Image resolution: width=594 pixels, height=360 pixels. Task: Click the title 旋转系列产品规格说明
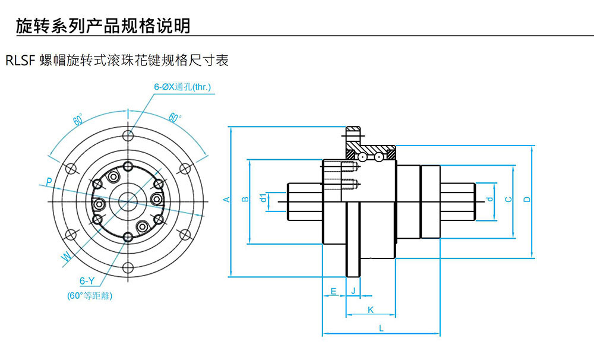click(103, 26)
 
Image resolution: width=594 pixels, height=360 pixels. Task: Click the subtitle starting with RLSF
click(116, 61)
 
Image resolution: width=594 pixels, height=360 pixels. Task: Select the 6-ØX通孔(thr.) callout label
click(182, 87)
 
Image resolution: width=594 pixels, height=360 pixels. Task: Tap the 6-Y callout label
click(87, 281)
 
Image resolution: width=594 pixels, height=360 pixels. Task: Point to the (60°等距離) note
click(90, 295)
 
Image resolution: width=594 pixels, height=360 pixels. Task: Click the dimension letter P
click(49, 181)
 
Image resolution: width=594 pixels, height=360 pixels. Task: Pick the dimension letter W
click(66, 257)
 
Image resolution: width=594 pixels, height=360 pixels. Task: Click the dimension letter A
click(226, 200)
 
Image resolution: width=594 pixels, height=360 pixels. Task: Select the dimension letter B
click(245, 200)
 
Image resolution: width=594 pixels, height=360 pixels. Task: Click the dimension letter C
click(508, 200)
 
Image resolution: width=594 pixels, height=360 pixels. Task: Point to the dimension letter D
click(527, 200)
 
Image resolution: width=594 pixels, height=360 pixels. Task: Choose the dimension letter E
click(333, 291)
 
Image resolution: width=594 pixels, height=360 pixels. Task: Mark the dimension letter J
click(353, 291)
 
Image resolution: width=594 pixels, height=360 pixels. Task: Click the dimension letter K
click(371, 310)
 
